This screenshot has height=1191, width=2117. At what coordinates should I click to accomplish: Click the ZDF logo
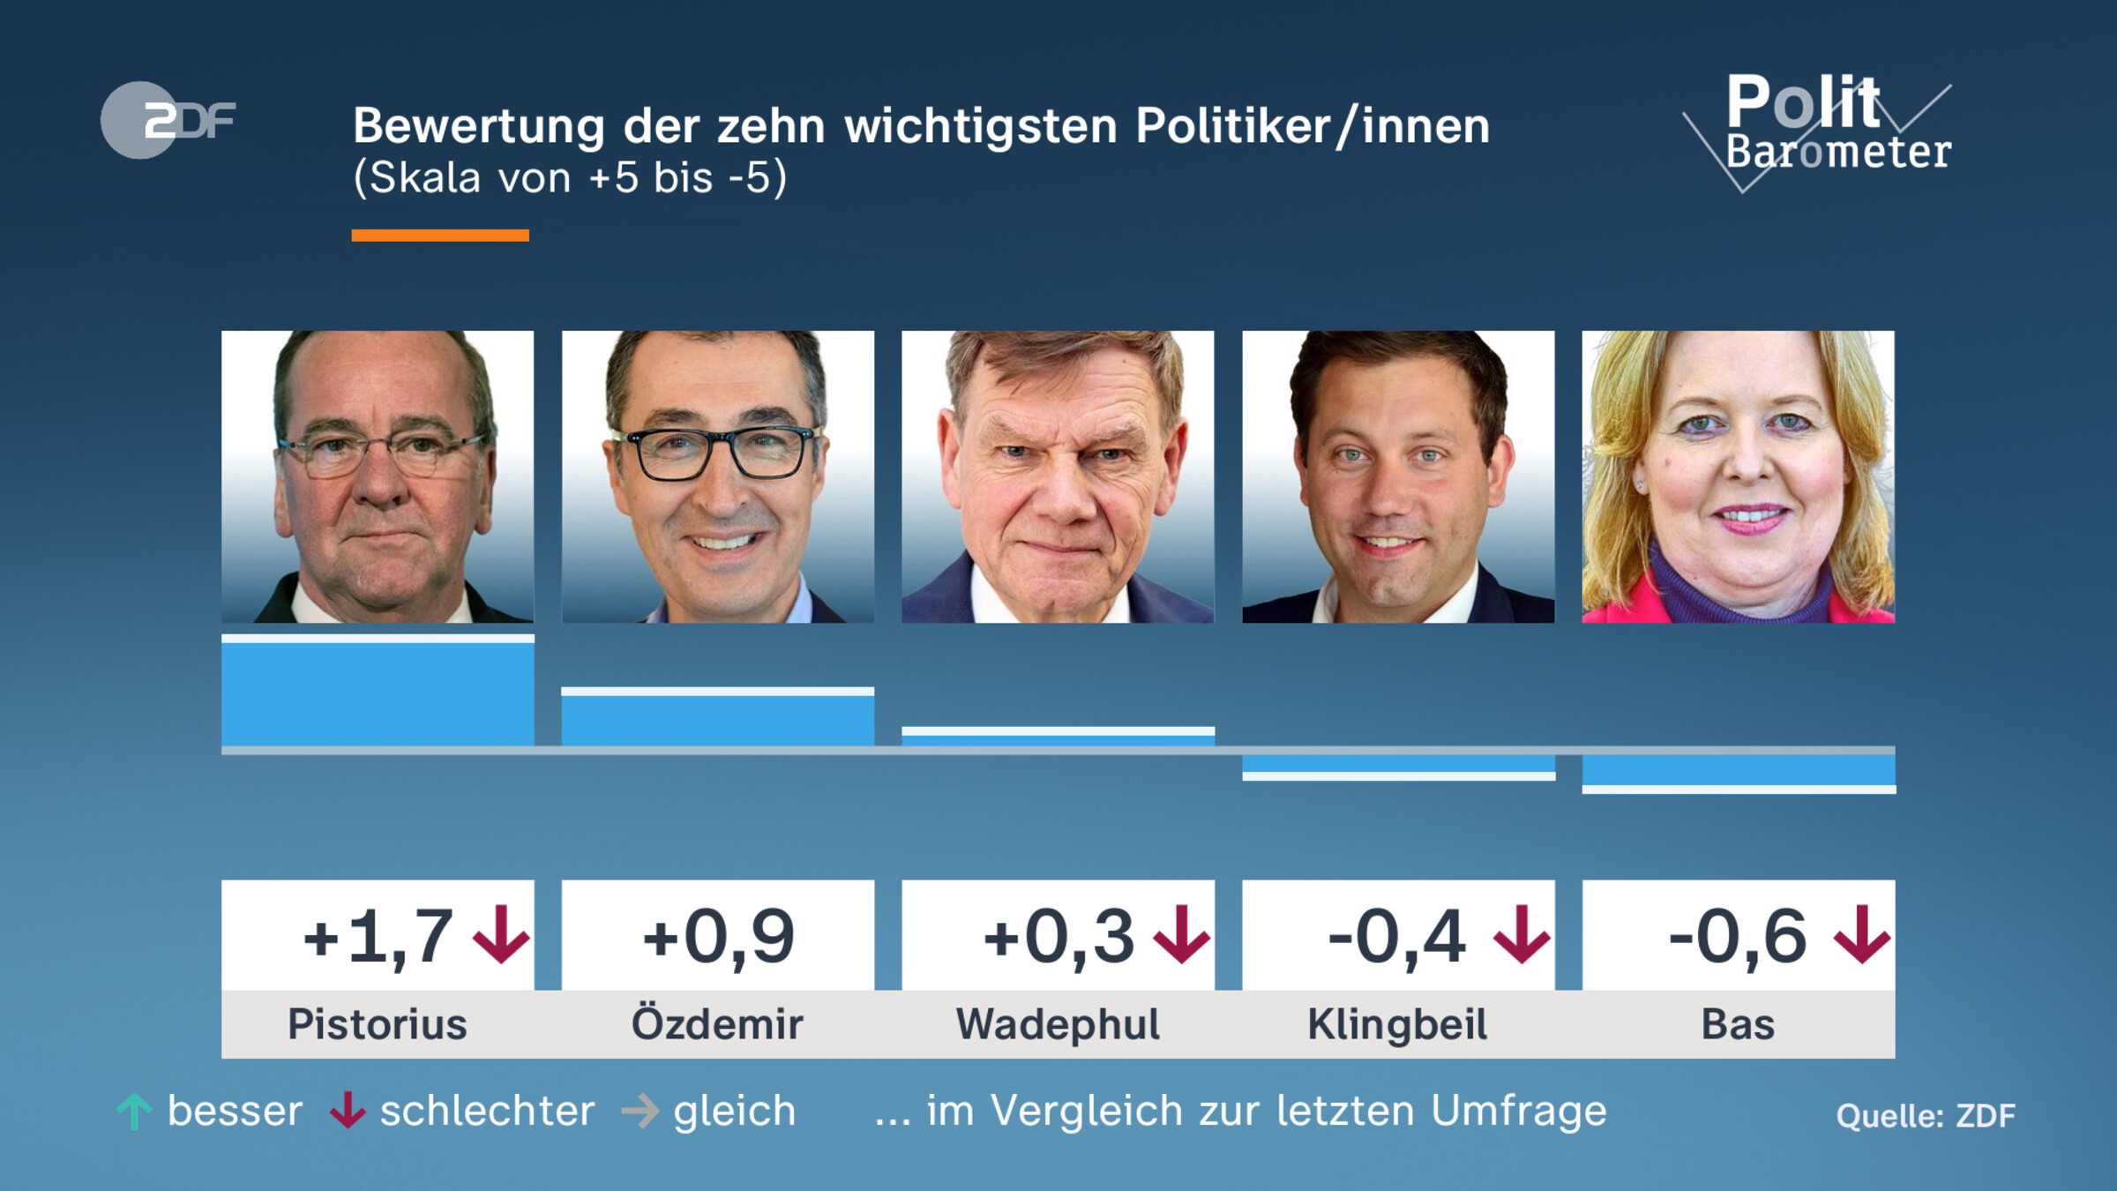point(168,120)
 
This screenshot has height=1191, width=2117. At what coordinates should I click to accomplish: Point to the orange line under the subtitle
point(440,235)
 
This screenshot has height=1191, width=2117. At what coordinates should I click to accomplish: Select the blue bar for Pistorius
point(378,693)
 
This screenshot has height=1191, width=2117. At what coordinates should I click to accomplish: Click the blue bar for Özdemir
point(717,719)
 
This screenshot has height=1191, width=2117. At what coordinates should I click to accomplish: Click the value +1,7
point(379,937)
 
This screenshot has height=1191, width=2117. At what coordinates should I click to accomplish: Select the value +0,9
point(718,937)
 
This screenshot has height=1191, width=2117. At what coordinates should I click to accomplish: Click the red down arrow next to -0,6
point(1861,935)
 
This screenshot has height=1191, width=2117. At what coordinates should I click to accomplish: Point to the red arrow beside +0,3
point(1181,935)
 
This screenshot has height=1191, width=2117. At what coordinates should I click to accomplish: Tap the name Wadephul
point(1058,1025)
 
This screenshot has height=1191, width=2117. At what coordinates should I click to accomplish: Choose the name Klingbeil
point(1397,1025)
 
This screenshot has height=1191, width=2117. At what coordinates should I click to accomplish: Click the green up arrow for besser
point(134,1112)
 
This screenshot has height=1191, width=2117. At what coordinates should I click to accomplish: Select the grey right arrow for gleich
point(640,1112)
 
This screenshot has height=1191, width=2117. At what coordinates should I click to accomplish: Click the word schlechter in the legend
point(487,1112)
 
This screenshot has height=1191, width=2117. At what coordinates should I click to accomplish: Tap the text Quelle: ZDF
point(1925,1116)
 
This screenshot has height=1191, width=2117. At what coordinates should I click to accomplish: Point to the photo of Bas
point(1738,476)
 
